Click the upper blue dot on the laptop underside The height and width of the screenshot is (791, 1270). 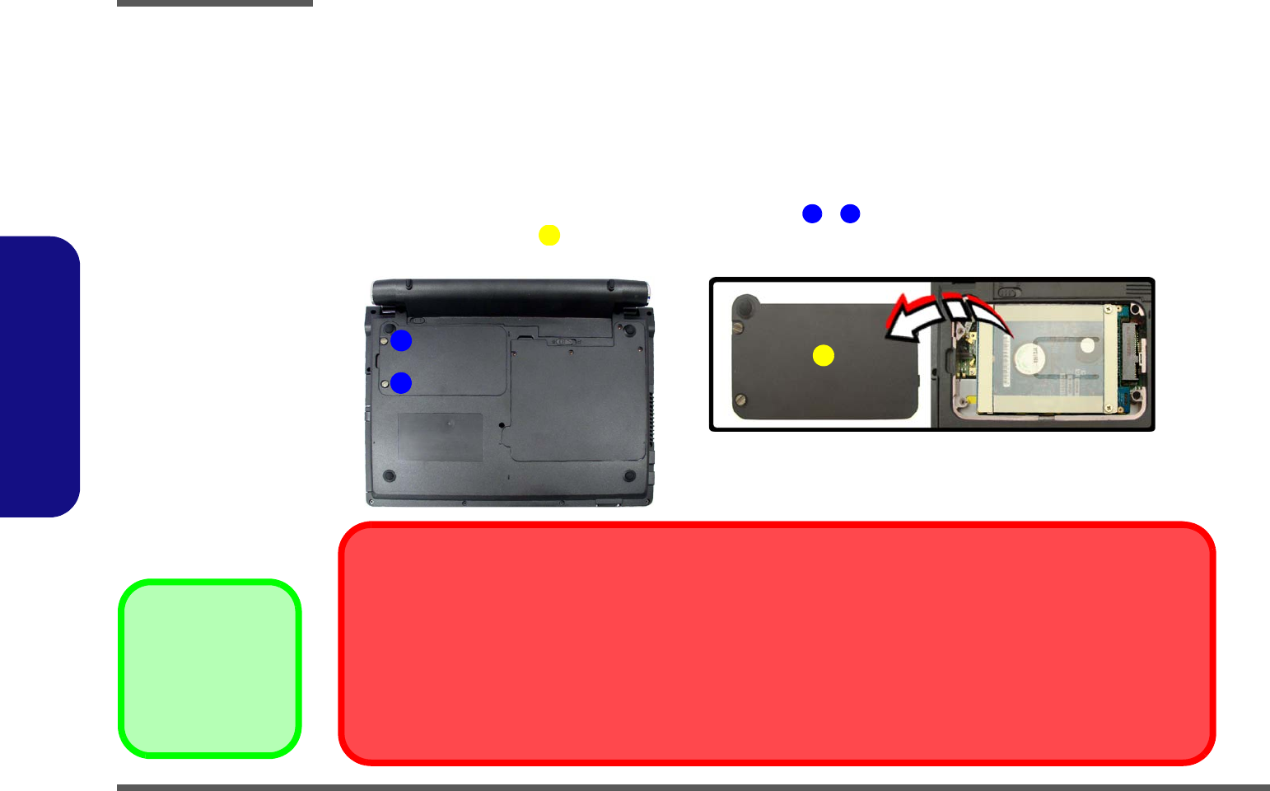[401, 340]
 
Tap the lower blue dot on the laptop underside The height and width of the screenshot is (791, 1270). [401, 383]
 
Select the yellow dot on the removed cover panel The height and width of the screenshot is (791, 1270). [824, 355]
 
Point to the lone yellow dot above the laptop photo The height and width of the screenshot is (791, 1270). [549, 236]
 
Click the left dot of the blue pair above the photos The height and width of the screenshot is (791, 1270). [812, 214]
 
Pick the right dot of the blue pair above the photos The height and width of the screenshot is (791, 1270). [850, 214]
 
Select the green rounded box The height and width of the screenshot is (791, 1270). [210, 668]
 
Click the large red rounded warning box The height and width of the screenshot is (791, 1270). [777, 644]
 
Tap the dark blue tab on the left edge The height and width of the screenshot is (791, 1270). [40, 377]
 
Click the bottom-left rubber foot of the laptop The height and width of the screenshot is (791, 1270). [390, 475]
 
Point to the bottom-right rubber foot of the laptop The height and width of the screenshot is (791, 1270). [630, 475]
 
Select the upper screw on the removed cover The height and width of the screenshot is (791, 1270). [739, 327]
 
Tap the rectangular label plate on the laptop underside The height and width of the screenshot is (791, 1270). [441, 437]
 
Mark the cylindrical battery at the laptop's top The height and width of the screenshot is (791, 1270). [511, 292]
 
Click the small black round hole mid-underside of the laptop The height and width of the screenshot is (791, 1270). [502, 424]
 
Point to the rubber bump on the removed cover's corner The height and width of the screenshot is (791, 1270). [746, 306]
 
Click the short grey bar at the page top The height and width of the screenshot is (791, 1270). [215, 3]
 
